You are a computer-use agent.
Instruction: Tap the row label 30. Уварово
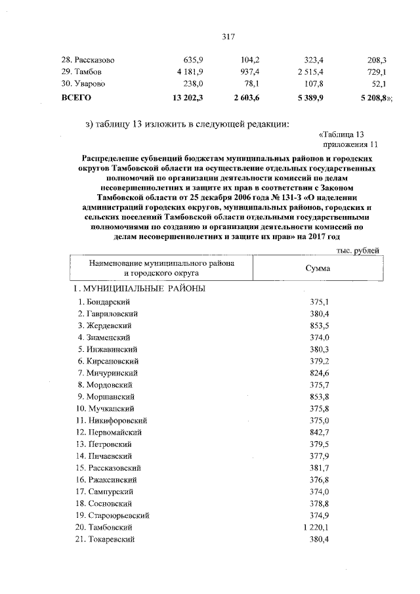[x=83, y=84]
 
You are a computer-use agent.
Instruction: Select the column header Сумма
[x=318, y=268]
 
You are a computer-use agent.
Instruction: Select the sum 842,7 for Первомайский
[x=318, y=432]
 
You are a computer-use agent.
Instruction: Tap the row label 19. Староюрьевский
[x=115, y=515]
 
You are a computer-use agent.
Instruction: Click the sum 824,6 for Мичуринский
[x=318, y=373]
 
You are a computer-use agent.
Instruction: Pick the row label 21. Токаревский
[x=106, y=538]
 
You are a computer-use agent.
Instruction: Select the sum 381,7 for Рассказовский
[x=318, y=467]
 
